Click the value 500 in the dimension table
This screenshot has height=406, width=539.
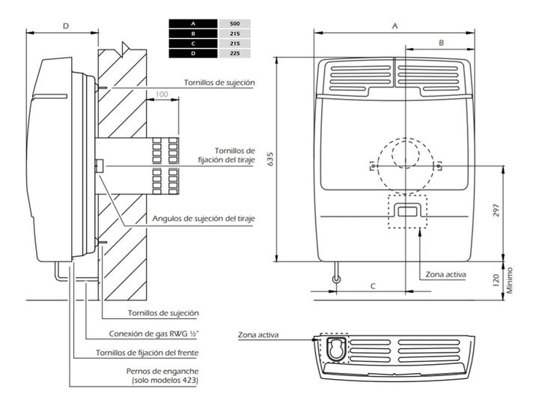point(235,25)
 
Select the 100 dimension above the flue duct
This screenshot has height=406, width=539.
point(162,95)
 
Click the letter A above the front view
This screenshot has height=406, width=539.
point(395,25)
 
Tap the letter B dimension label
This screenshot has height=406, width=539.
point(442,43)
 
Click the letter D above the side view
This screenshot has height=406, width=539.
point(65,25)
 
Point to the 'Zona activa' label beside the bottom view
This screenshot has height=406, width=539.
point(258,335)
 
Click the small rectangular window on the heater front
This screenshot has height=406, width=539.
point(407,212)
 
